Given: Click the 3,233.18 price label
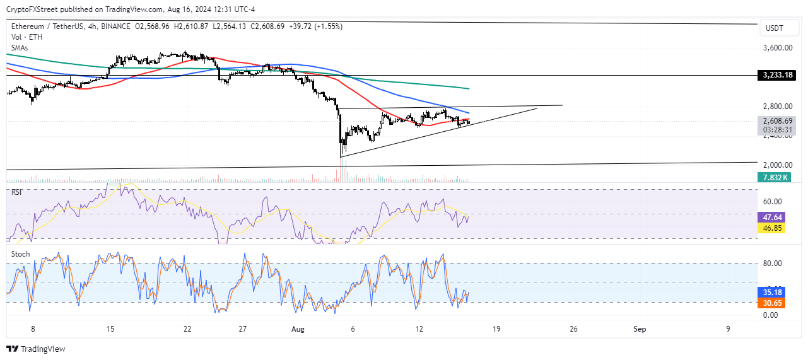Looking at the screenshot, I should pyautogui.click(x=777, y=75).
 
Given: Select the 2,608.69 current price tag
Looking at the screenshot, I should pyautogui.click(x=776, y=121).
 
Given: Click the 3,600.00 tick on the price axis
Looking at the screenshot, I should pyautogui.click(x=777, y=48).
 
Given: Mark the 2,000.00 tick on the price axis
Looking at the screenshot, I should pyautogui.click(x=777, y=165).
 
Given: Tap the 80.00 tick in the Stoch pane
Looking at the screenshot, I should pyautogui.click(x=773, y=264).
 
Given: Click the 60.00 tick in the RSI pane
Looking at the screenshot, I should pyautogui.click(x=773, y=202).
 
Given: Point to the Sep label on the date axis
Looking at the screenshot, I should pyautogui.click(x=640, y=329).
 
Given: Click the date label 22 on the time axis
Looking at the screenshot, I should pyautogui.click(x=186, y=329).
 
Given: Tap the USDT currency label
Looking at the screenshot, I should pyautogui.click(x=775, y=28).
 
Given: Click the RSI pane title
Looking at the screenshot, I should pyautogui.click(x=17, y=192).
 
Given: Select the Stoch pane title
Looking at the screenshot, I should pyautogui.click(x=20, y=254).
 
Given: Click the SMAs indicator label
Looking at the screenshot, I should pyautogui.click(x=20, y=47).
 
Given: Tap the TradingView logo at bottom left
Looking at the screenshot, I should pyautogui.click(x=36, y=349).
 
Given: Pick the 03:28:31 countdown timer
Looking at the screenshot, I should pyautogui.click(x=776, y=131).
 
